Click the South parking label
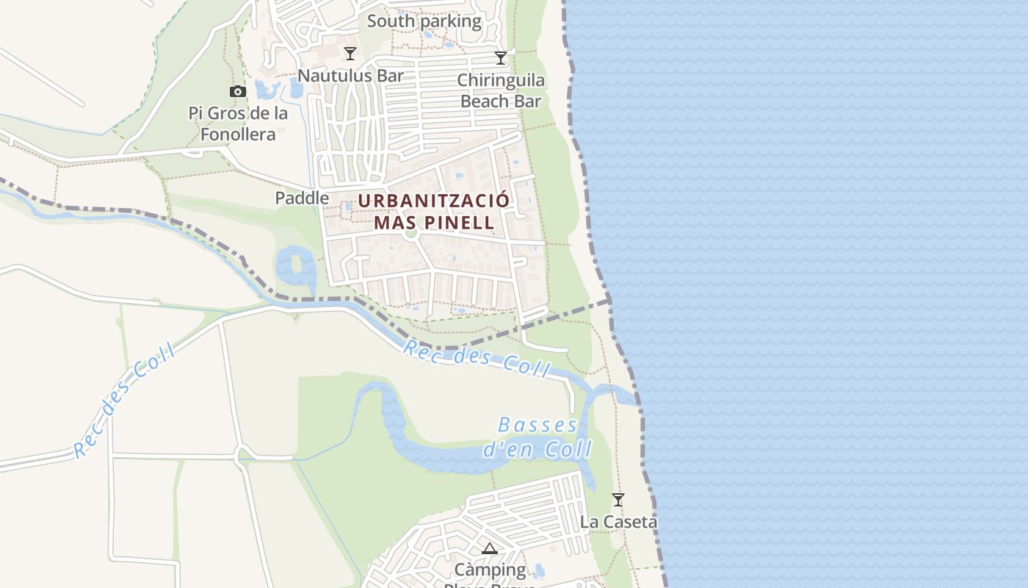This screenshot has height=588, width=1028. coord(424,21)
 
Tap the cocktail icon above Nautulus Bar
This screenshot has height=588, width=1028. coord(350,54)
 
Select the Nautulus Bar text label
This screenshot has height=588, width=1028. coord(350,75)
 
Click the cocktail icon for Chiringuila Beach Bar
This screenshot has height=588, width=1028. coord(501,58)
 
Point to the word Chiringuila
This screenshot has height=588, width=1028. coord(501,80)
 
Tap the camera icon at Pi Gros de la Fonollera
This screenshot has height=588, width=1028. coord(237,92)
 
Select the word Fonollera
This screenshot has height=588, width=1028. coord(238,135)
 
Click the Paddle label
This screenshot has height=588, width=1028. coord(302,198)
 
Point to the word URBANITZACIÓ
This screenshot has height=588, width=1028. coord(433,201)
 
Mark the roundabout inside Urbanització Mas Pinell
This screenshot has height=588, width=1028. coord(410,234)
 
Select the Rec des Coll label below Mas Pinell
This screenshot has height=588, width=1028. coord(476,358)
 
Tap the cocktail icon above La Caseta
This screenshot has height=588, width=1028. coord(618,500)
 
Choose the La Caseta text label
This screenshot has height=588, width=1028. coord(618,522)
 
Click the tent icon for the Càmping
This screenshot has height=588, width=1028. coord(490,548)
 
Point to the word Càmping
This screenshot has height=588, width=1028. coord(490,570)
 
